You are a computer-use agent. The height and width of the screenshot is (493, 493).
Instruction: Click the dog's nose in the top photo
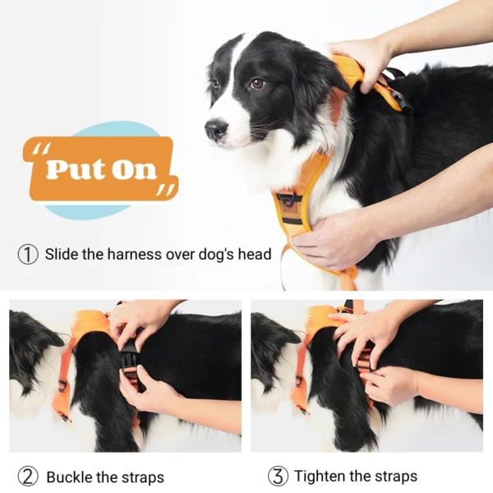pyautogui.click(x=215, y=128)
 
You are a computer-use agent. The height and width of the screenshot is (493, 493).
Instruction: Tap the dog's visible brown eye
pyautogui.click(x=257, y=83)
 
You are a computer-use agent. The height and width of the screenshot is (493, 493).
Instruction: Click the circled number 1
pyautogui.click(x=28, y=255)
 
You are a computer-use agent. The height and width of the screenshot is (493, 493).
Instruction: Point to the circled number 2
pyautogui.click(x=28, y=477)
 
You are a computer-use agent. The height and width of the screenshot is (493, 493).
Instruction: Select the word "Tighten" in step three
pyautogui.click(x=321, y=477)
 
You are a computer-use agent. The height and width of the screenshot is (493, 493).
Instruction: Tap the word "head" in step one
pyautogui.click(x=254, y=255)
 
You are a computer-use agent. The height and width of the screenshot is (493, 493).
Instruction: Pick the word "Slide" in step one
pyautogui.click(x=62, y=255)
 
